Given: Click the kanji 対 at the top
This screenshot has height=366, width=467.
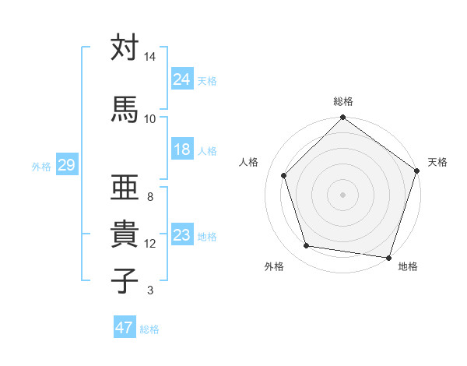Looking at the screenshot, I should (x=125, y=48).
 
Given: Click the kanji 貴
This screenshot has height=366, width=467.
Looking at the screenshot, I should (x=125, y=234).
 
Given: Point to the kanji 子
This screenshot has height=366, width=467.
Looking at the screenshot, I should (x=125, y=280).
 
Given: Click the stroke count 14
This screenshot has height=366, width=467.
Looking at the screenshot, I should (x=150, y=58).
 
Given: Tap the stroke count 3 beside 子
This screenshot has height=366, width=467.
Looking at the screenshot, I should (x=150, y=291).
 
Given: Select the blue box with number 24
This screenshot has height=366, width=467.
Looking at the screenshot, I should (x=182, y=80).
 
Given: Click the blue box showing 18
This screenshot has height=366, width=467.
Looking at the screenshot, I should (x=182, y=150).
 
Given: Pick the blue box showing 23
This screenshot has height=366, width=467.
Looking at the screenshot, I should (x=182, y=236).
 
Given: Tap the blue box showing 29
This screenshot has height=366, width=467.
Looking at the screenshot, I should (x=66, y=166).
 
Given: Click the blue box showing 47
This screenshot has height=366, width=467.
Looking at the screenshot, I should (x=125, y=328).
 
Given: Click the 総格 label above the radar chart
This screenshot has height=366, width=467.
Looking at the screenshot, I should (x=343, y=101).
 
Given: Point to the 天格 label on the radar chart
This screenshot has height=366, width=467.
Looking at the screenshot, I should (x=437, y=162).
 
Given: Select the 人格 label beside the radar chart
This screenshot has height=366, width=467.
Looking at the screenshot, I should (x=249, y=162).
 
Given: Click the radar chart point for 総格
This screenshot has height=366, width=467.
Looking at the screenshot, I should (x=342, y=118).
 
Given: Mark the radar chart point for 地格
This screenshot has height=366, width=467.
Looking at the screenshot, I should (x=388, y=257).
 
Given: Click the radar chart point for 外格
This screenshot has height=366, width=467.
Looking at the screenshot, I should (x=307, y=246).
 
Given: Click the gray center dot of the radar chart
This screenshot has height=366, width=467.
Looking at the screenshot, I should (x=342, y=194).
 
